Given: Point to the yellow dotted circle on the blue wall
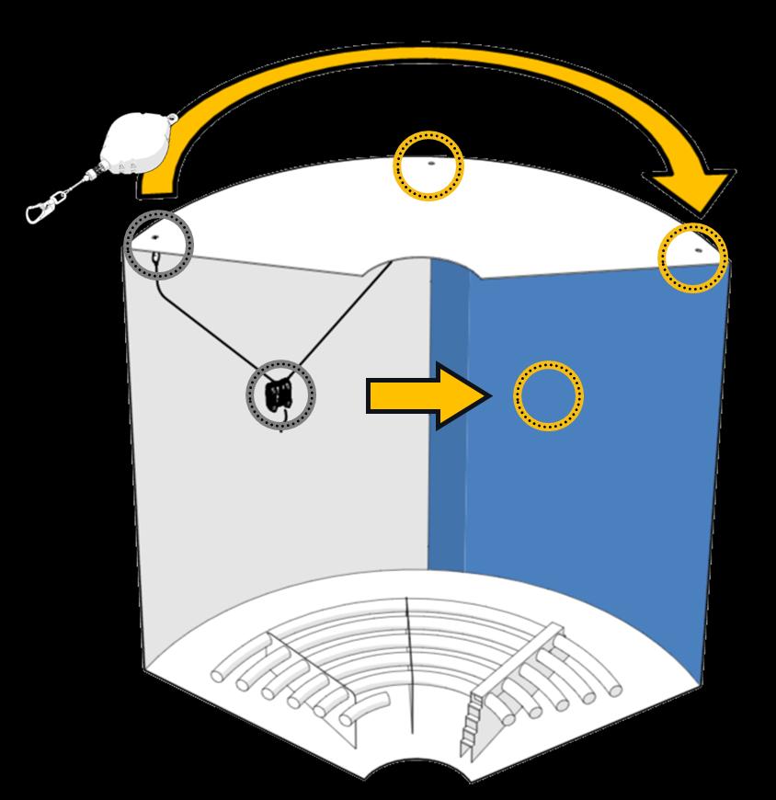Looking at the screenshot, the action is pos(548,395).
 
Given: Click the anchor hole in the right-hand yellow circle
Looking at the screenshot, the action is pos(696,249).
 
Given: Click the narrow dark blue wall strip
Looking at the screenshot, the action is pos(448,414).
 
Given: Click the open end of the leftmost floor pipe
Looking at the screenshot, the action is pos(219,675).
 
